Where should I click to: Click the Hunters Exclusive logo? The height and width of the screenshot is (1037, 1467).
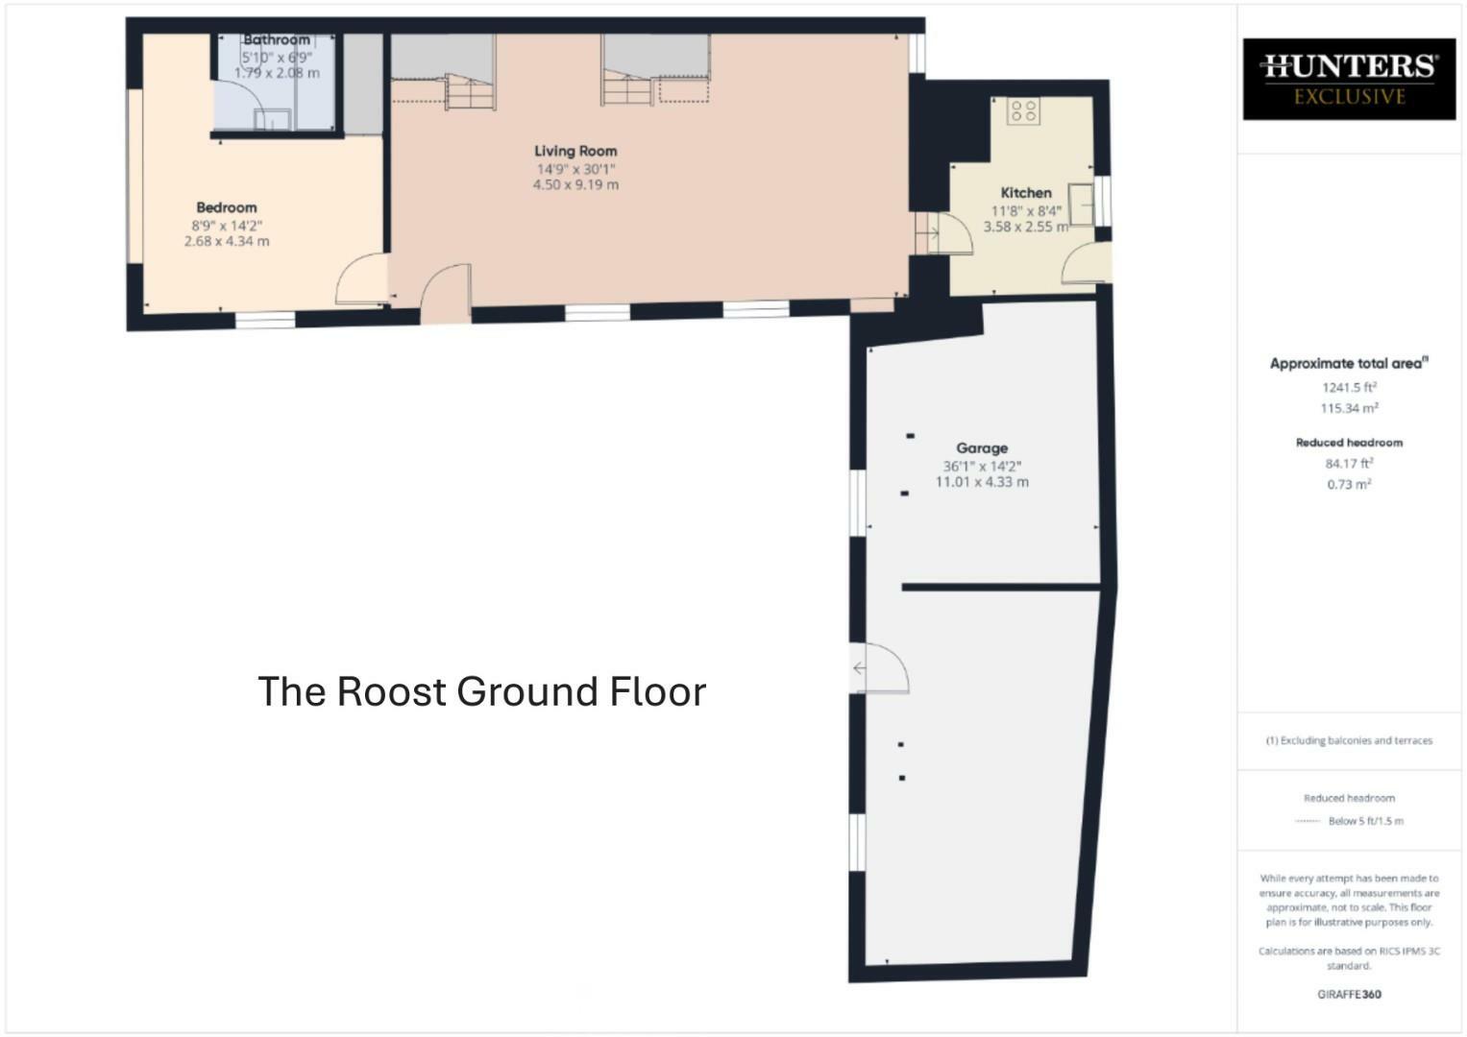1348,79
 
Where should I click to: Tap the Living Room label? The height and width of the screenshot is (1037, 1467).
575,151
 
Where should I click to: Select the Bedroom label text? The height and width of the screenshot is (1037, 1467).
227,207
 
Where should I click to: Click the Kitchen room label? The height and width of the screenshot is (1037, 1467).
1025,193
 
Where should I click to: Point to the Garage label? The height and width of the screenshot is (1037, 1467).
981,448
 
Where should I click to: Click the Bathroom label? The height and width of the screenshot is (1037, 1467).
277,40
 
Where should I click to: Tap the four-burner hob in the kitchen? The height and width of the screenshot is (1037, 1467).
1023,111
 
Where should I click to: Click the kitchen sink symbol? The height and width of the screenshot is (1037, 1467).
1081,204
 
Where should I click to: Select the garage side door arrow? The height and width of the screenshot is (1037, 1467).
859,668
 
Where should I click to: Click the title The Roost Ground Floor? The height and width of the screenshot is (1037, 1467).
481,691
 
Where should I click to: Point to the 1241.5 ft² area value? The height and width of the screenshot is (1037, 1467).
1348,388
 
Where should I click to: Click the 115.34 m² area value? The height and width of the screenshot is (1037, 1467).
1348,408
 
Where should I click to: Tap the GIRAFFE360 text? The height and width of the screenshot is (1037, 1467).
1349,995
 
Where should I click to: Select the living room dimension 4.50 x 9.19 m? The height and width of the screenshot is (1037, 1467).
575,184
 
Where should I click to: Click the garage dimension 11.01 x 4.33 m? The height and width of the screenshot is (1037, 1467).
981,482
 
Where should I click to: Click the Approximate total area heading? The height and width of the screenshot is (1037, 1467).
1348,364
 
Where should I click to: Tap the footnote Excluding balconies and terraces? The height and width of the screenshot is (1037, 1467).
1349,740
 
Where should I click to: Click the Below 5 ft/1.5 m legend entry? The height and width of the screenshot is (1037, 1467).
1364,821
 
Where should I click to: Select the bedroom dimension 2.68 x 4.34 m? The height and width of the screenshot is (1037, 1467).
227,242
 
